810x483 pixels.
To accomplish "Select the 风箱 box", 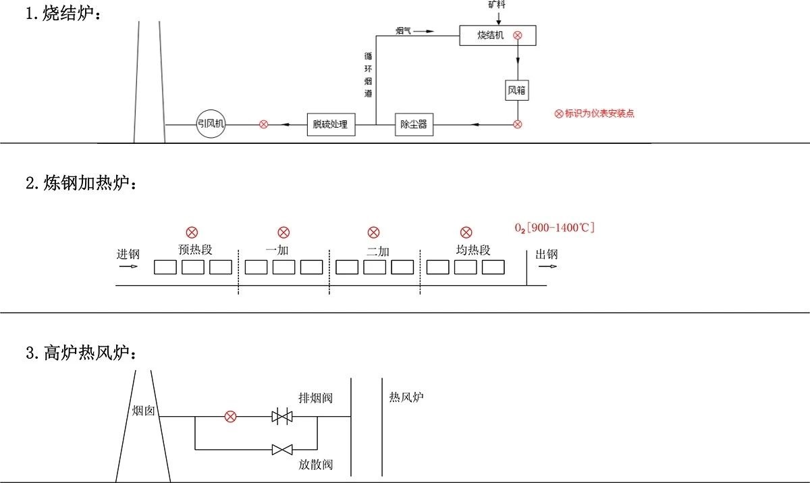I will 518,91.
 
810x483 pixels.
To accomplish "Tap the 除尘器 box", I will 414,124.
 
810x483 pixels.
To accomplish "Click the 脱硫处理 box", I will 330,124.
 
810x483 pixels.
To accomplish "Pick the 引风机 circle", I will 211,124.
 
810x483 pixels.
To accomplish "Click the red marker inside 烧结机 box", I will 518,35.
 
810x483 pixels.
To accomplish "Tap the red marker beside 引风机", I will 264,124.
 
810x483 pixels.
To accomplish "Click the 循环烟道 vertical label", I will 368,75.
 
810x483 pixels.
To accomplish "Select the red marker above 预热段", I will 192,232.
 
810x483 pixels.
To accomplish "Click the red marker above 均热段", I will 466,232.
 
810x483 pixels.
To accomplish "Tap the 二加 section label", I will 378,251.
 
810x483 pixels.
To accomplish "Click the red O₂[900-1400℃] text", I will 554,228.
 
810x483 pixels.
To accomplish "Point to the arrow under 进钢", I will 128,266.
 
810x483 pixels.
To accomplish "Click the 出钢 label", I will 547,255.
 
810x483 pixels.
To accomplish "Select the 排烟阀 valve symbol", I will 281,417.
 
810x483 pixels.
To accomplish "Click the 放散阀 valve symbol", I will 281,449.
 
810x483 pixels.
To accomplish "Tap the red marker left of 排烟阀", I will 230,417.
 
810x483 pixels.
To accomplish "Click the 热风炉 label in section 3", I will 406,397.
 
